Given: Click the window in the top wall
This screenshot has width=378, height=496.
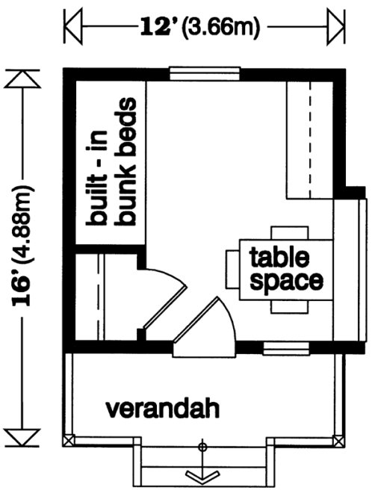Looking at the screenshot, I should tap(203, 72).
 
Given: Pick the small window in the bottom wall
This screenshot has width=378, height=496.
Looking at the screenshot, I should tap(286, 347).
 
